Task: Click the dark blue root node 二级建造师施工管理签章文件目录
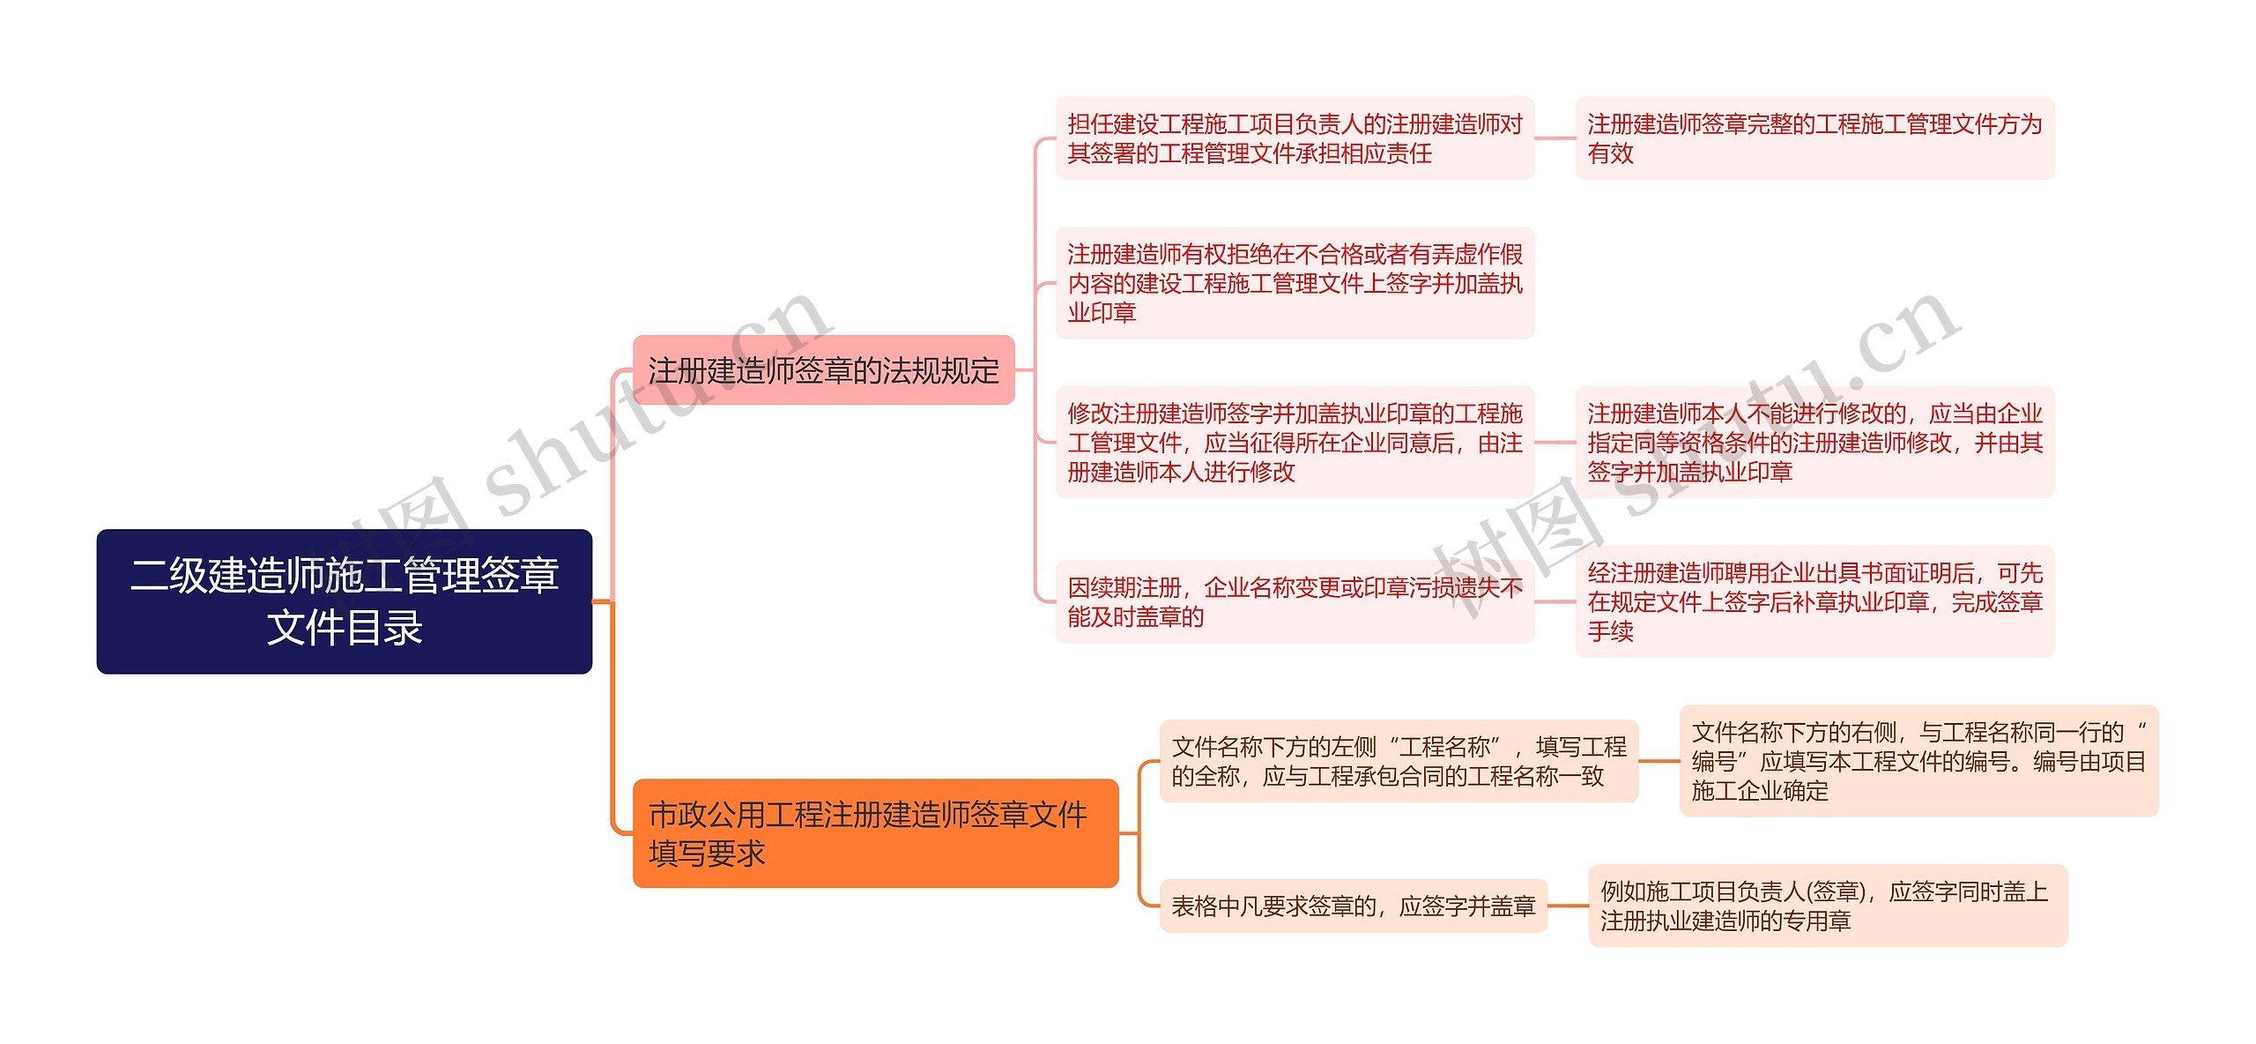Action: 344,600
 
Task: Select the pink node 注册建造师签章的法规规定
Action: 823,370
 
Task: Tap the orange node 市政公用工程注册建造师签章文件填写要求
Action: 875,833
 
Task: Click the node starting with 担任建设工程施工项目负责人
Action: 1295,138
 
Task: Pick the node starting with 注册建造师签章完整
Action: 1814,138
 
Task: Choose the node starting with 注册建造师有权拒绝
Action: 1295,283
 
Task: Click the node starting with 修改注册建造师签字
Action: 1295,443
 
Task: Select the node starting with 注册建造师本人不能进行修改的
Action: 1814,443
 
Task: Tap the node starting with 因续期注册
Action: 1295,602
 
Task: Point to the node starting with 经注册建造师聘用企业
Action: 1814,602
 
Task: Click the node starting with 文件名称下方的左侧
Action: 1399,762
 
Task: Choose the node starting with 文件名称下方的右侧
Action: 1918,762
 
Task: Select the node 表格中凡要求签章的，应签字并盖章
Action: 1353,906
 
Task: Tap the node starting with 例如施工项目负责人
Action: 1828,906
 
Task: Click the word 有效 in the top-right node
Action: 1611,153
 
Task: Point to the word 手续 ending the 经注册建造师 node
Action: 1611,631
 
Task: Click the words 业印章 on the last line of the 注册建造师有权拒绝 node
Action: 1102,312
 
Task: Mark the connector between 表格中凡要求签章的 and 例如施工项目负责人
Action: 1568,906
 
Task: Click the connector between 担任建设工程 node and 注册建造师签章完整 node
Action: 1555,138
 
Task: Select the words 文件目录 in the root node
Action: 345,628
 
